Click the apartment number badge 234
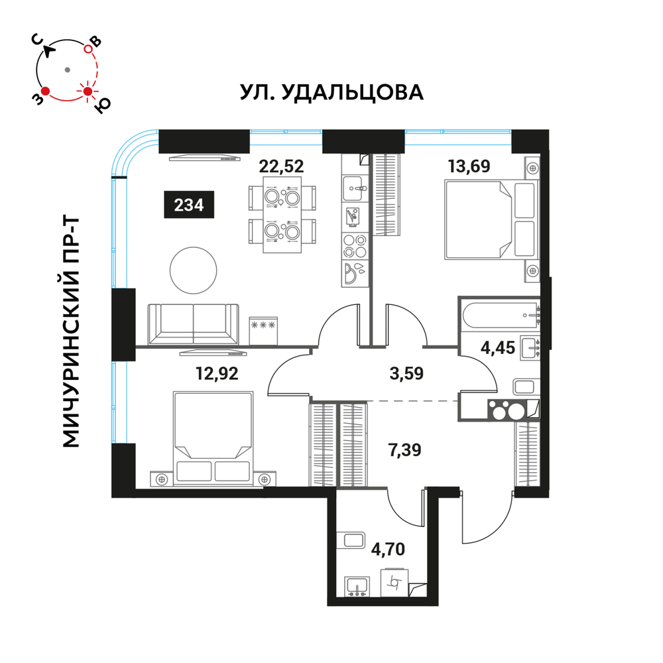(189, 205)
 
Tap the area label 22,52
(281, 166)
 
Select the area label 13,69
(469, 166)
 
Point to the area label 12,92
(217, 373)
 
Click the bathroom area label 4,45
(498, 348)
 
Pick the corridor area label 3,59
(406, 373)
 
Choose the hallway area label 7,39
(404, 450)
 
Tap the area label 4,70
(388, 549)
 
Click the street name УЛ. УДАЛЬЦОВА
(331, 92)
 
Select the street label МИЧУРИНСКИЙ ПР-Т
(71, 332)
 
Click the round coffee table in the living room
(193, 271)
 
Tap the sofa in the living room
(193, 324)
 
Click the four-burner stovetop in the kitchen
(355, 246)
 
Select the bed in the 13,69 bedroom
(491, 219)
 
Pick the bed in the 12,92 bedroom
(213, 438)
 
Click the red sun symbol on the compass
(88, 91)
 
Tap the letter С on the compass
(38, 40)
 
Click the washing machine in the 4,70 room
(395, 583)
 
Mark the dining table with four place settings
(282, 215)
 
